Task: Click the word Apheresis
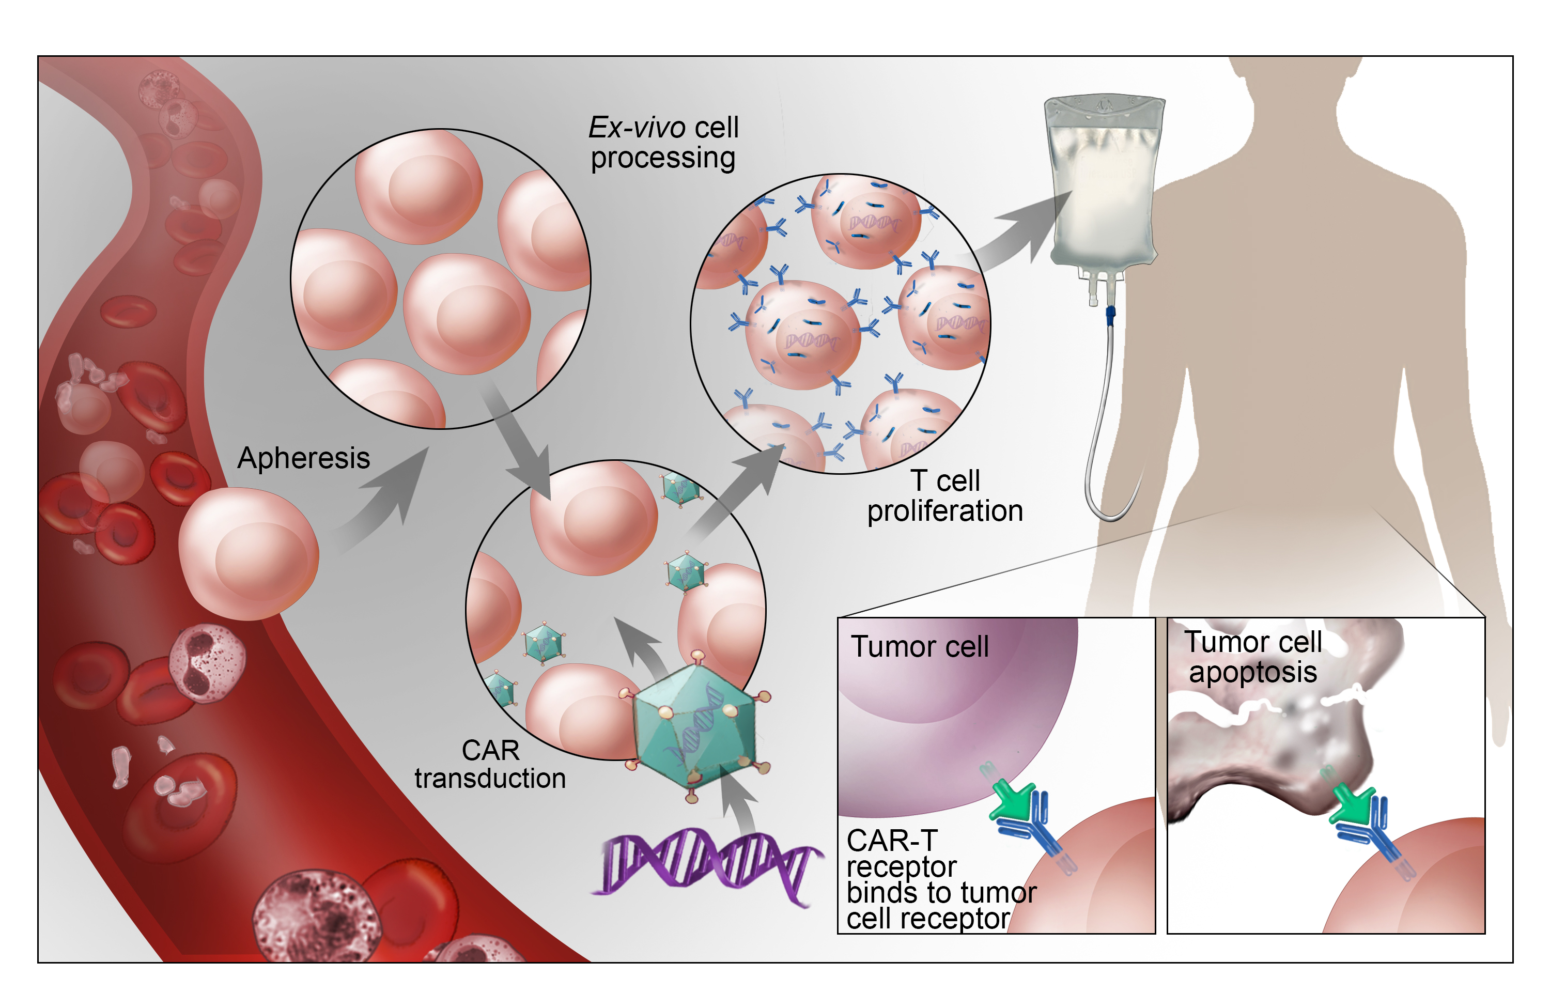[303, 458]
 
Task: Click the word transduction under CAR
[490, 778]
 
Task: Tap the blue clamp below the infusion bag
[1110, 315]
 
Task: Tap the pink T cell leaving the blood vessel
[248, 553]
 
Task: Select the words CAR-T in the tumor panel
[892, 840]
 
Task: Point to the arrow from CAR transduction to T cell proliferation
[741, 490]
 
